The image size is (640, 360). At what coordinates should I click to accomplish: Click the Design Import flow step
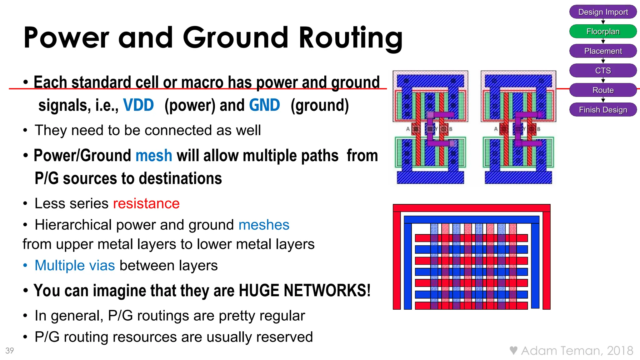tap(603, 12)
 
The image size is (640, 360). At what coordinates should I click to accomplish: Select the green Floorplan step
tap(603, 32)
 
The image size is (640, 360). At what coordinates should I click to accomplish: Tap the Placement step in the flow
tap(603, 51)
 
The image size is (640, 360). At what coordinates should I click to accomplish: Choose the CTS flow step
tap(603, 71)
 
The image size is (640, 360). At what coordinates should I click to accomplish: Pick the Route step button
tap(603, 90)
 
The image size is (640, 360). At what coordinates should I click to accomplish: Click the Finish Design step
tap(603, 110)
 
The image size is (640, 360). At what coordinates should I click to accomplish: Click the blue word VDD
tap(138, 105)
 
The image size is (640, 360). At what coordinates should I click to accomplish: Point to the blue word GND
tap(264, 105)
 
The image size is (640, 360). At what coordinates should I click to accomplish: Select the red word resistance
tap(146, 203)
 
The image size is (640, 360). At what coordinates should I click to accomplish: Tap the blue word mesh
tap(154, 155)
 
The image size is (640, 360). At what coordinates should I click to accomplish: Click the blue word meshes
tap(264, 225)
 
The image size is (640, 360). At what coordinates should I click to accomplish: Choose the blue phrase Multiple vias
tap(75, 265)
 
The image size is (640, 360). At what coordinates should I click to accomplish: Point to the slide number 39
tap(10, 351)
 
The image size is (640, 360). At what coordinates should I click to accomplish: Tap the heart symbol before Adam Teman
tap(513, 350)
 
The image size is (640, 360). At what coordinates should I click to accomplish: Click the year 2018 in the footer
tap(620, 351)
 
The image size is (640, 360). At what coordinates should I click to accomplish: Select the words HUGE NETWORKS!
tap(304, 290)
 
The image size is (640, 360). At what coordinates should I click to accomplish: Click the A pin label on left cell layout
tap(408, 129)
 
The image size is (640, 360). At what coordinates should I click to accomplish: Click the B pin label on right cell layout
tap(539, 129)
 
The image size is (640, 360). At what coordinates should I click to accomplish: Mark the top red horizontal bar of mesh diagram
tap(471, 208)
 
